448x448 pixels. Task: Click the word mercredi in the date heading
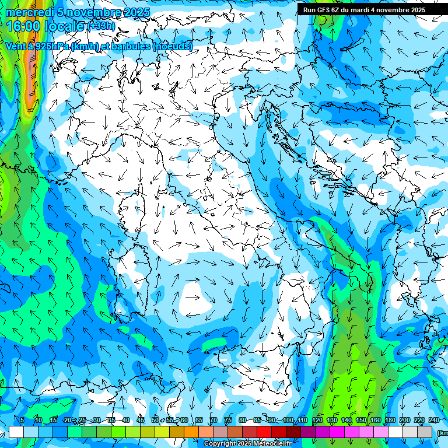click(x=30, y=12)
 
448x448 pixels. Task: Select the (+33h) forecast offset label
click(x=101, y=26)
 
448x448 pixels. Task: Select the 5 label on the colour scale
click(x=22, y=420)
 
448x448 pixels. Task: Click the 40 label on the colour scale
click(x=126, y=420)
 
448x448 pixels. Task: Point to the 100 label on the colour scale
click(x=288, y=420)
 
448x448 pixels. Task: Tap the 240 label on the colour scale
click(x=434, y=420)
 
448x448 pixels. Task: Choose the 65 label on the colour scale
click(x=199, y=420)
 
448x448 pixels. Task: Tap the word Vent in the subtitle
click(x=16, y=46)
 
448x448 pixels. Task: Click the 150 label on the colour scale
click(x=361, y=420)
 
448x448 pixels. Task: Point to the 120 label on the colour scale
click(x=317, y=420)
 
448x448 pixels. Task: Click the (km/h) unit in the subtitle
click(x=85, y=46)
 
